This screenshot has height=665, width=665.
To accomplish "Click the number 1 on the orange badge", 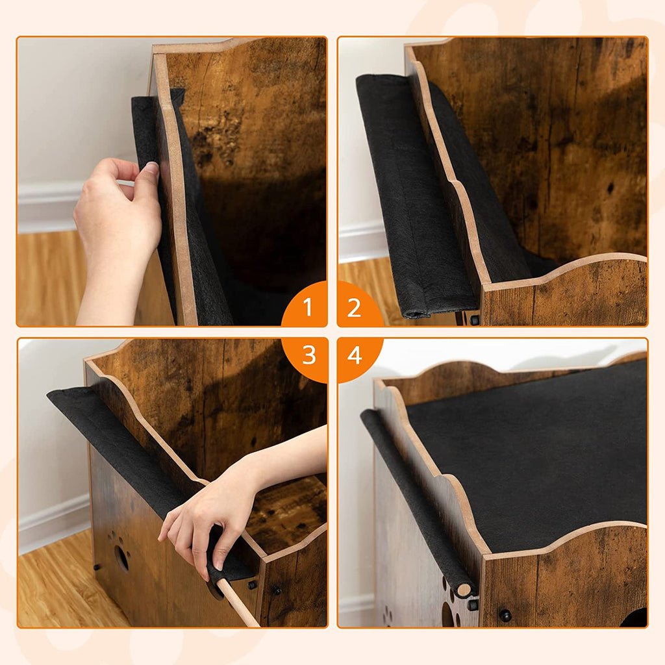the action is tap(307, 307).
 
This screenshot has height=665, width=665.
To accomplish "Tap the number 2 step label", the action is tap(354, 308).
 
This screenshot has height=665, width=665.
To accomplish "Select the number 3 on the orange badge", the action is tap(309, 355).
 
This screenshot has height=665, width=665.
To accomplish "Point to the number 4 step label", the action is tap(355, 355).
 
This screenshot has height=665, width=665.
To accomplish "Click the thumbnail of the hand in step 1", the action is tap(151, 168).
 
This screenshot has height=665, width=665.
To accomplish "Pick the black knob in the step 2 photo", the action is tap(474, 319).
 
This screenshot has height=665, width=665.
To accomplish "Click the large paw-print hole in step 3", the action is tap(121, 557).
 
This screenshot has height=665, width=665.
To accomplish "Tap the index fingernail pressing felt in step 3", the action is tap(218, 564).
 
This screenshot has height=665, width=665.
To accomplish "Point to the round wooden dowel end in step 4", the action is tap(464, 590).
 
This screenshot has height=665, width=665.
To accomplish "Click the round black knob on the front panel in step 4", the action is tap(505, 615).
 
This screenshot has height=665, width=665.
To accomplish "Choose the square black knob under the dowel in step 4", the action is tap(473, 604).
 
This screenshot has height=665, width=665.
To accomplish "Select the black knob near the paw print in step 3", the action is tap(97, 566).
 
